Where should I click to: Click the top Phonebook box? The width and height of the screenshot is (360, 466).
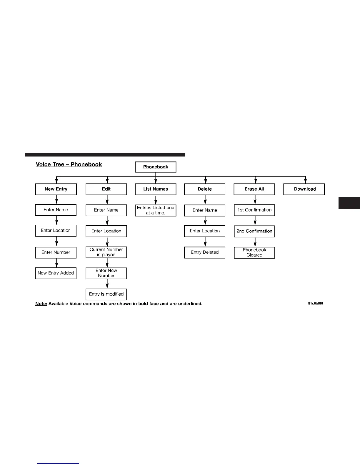point(156,167)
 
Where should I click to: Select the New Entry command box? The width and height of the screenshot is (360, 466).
point(56,189)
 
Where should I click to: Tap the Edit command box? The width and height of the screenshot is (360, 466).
point(106,189)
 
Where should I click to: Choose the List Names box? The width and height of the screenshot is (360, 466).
point(156,189)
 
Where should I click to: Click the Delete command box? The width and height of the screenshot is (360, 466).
point(205,189)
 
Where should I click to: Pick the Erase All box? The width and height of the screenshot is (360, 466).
point(254,189)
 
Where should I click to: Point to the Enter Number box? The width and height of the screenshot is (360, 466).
point(56,252)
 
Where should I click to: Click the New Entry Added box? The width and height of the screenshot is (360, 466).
point(56,273)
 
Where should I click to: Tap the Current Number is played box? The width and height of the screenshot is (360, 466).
point(106,252)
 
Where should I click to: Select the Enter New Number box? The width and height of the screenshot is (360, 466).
point(106,273)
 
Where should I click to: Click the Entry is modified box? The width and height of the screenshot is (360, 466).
point(106,294)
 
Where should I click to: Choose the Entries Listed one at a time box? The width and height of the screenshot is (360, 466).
point(156,210)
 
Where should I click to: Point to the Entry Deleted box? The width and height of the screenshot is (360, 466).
point(205,252)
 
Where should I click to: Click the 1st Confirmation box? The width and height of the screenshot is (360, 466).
point(254,210)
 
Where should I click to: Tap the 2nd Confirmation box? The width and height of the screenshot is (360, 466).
point(254,231)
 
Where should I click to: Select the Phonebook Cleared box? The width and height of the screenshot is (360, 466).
point(254,252)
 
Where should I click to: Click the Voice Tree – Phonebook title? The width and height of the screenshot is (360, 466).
point(69,164)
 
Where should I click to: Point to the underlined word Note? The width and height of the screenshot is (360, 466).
point(41,304)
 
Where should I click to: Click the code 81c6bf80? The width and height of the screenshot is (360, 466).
point(315,303)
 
